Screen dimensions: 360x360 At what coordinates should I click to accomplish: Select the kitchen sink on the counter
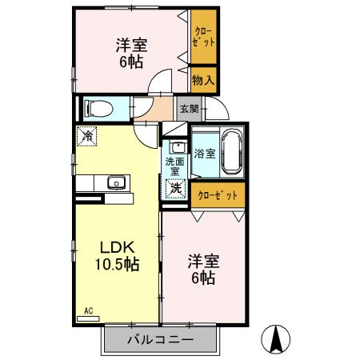pyautogui.click(x=115, y=183)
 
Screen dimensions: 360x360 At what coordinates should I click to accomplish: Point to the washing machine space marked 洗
pyautogui.click(x=175, y=188)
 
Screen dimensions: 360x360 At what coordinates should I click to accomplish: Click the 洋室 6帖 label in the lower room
pyautogui.click(x=202, y=270)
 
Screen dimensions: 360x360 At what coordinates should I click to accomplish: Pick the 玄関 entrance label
pyautogui.click(x=189, y=108)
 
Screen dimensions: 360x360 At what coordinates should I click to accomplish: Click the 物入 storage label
pyautogui.click(x=203, y=80)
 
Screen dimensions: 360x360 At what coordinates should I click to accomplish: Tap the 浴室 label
pyautogui.click(x=204, y=153)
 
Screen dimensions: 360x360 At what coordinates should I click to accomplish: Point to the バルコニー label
pyautogui.click(x=160, y=340)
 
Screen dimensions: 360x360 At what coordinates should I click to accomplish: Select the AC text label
pyautogui.click(x=90, y=310)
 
